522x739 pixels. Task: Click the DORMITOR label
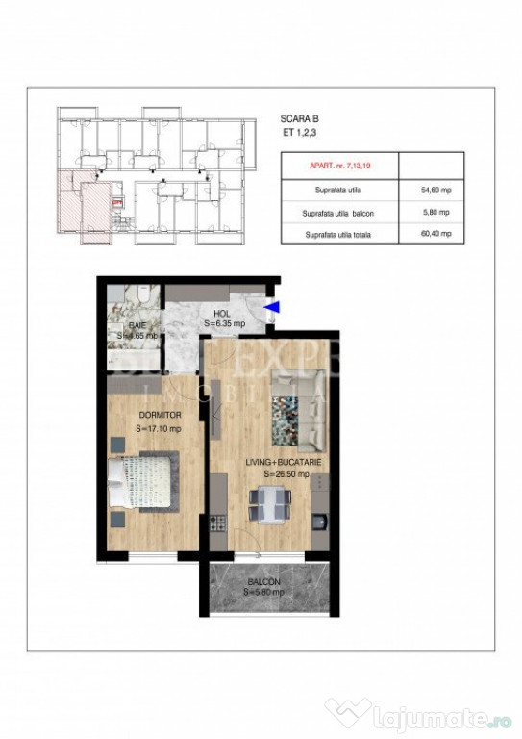click(159, 415)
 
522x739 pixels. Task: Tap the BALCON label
click(262, 582)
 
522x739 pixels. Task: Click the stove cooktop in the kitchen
click(218, 524)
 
